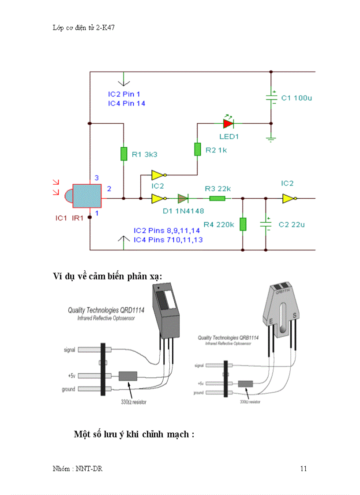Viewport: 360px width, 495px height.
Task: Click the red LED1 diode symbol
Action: [228, 123]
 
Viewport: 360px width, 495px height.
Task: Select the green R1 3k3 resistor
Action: [124, 154]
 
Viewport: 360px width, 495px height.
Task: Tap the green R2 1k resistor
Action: [198, 149]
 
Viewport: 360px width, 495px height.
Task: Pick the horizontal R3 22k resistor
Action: [217, 198]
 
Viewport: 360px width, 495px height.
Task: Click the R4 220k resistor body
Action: [243, 224]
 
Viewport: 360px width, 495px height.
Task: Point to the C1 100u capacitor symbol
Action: [271, 98]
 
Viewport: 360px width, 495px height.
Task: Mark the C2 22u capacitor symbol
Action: [266, 224]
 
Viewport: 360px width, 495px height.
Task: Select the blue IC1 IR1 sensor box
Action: [87, 196]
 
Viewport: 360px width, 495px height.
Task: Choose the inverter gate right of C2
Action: [289, 198]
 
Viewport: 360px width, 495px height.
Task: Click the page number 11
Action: [303, 469]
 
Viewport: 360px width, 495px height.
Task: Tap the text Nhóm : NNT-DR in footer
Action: [78, 469]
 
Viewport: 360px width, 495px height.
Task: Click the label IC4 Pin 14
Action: [127, 103]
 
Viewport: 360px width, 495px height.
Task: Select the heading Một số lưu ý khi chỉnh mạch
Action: [134, 434]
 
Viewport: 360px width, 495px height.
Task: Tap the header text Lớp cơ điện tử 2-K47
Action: [83, 27]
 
